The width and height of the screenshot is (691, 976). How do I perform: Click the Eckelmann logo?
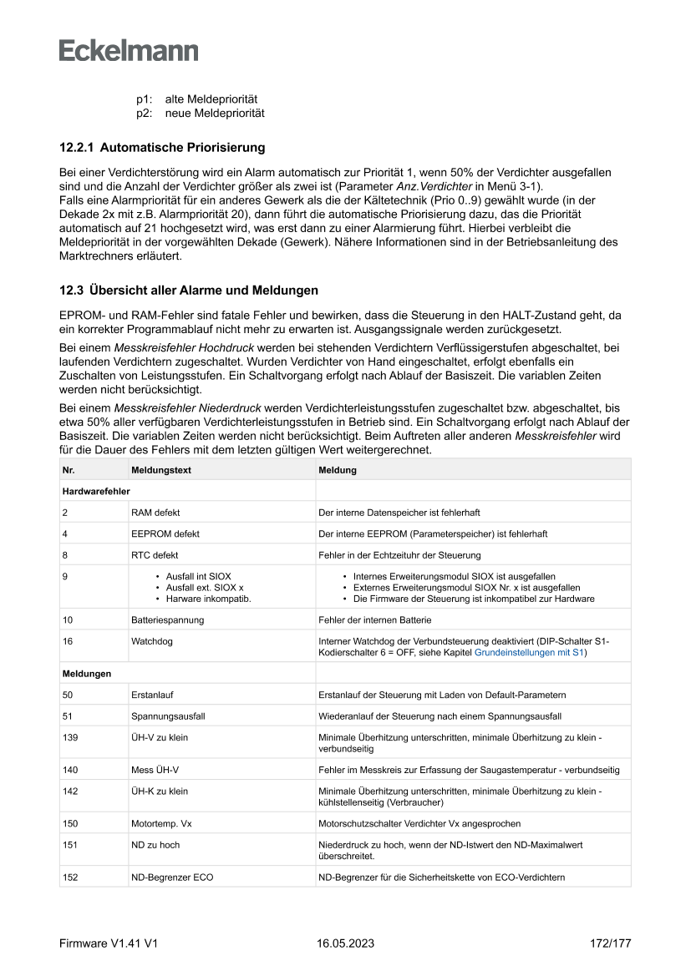point(129,50)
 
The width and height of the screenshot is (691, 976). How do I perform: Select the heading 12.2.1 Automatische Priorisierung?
point(162,148)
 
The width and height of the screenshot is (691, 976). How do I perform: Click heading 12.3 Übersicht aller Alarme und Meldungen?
point(188,291)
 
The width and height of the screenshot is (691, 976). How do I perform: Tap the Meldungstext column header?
point(161,470)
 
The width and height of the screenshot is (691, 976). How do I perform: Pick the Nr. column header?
point(69,470)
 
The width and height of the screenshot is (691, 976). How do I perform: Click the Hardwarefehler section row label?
point(96,491)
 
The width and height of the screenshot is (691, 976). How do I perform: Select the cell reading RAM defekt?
point(155,513)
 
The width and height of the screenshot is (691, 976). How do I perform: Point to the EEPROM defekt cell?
point(165,534)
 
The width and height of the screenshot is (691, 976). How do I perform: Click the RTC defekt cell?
point(155,555)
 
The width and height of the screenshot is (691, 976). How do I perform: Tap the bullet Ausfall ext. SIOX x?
point(205,588)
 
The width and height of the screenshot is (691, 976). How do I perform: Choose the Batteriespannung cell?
point(167,620)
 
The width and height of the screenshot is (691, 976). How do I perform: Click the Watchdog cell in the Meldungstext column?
point(150,641)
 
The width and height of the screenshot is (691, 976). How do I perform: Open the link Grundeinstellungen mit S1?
point(529,653)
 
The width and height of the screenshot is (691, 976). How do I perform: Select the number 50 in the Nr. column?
point(68,695)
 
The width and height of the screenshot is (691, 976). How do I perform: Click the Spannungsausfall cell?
point(168,716)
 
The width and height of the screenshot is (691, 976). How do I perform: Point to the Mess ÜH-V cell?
point(155,770)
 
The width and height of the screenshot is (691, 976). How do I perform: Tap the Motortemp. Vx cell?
point(161,823)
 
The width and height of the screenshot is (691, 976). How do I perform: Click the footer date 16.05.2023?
point(346,943)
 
